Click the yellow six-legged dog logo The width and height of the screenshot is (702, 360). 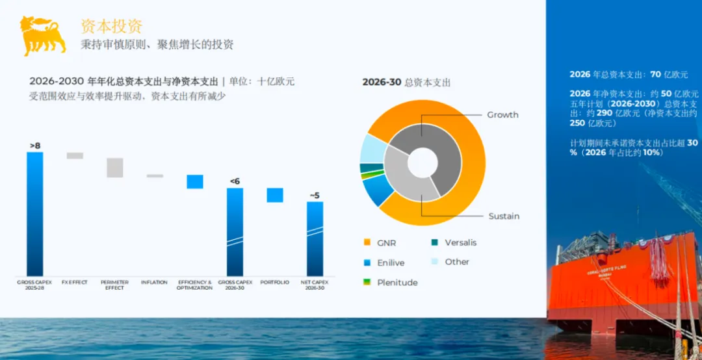click(x=43, y=35)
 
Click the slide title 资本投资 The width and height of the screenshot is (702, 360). click(x=111, y=27)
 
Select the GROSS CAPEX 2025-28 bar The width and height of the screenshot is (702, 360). click(x=35, y=214)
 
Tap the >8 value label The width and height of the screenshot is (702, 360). click(x=35, y=146)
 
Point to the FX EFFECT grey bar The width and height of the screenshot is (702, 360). click(x=75, y=156)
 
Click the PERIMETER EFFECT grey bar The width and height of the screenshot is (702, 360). click(x=115, y=168)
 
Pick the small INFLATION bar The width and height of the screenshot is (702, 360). click(x=155, y=176)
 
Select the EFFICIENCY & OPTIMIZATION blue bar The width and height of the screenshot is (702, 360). click(x=195, y=181)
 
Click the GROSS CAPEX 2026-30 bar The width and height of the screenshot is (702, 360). click(x=235, y=232)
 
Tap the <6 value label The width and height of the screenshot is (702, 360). click(x=235, y=181)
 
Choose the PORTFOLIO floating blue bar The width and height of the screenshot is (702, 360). click(x=275, y=195)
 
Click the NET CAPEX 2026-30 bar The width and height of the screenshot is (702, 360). click(x=315, y=238)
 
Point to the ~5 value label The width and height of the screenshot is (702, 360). click(x=315, y=195)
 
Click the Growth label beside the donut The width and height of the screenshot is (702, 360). click(x=502, y=115)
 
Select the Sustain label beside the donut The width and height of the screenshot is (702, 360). click(x=504, y=216)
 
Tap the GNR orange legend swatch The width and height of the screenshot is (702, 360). click(x=366, y=243)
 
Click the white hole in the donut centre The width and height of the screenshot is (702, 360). click(x=422, y=161)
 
